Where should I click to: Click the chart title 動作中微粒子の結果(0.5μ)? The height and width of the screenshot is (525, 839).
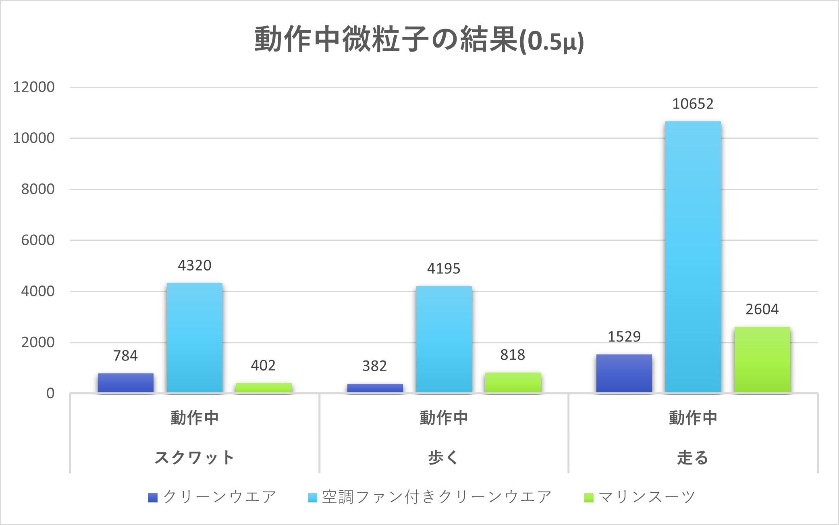(x=419, y=40)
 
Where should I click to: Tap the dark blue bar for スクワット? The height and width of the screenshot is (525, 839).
(x=125, y=383)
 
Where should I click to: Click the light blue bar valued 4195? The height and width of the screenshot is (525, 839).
(x=444, y=339)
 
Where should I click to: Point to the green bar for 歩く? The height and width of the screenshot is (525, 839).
(x=513, y=382)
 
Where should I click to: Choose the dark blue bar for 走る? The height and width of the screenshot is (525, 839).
(x=624, y=373)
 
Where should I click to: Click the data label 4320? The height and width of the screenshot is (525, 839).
(x=195, y=265)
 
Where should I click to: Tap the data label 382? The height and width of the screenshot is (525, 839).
(x=374, y=366)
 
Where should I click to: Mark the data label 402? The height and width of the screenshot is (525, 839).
(x=263, y=365)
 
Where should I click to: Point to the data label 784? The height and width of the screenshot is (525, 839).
(x=125, y=356)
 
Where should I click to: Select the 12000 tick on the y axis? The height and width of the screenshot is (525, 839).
(x=34, y=87)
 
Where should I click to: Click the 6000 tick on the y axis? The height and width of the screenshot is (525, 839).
(x=38, y=240)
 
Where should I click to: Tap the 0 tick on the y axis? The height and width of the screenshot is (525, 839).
(x=50, y=394)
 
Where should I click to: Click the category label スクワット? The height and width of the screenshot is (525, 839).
(x=194, y=458)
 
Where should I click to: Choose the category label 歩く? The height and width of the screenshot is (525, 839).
(x=443, y=458)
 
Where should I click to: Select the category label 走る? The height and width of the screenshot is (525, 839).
(x=693, y=458)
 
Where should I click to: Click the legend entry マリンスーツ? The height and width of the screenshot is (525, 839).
(x=647, y=497)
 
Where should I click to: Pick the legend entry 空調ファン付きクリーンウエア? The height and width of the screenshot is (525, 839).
(x=436, y=497)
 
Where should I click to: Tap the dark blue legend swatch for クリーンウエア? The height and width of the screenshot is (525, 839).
(x=153, y=498)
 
